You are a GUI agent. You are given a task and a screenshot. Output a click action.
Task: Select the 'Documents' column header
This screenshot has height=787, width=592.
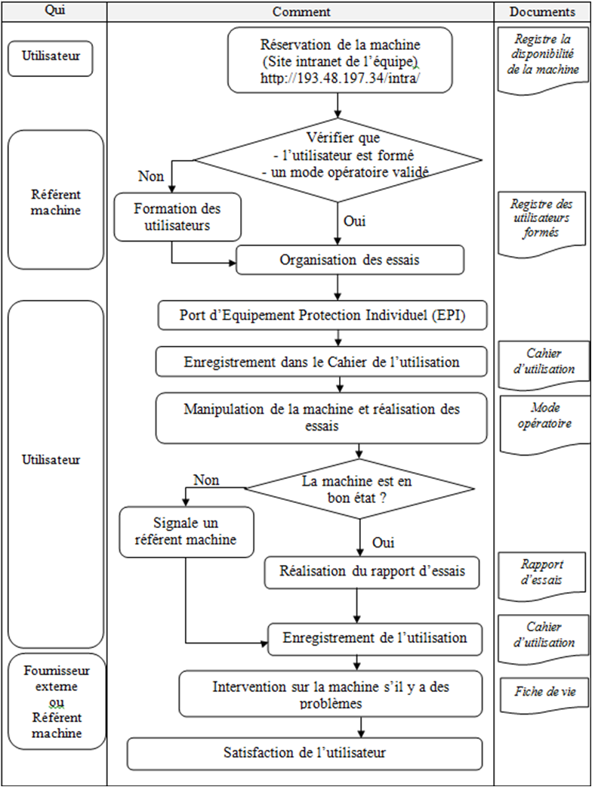click(541, 11)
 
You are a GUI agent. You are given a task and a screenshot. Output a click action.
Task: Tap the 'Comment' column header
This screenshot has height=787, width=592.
click(301, 11)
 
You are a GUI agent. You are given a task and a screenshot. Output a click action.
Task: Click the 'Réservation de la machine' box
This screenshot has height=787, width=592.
click(340, 60)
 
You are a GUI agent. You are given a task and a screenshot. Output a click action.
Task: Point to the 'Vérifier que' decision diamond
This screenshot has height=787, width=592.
click(338, 159)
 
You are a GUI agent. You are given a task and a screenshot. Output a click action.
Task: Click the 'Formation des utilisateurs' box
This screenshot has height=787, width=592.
click(177, 217)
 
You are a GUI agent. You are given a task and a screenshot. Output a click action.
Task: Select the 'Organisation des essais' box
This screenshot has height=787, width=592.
click(350, 260)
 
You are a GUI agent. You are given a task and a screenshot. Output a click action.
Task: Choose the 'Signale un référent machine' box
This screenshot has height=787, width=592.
click(186, 532)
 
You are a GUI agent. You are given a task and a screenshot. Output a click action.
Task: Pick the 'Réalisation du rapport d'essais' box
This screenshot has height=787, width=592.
click(372, 572)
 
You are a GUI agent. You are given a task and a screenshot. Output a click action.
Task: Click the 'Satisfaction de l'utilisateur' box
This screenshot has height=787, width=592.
click(304, 753)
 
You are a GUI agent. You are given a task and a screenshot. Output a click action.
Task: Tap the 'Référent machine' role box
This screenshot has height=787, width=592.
click(55, 200)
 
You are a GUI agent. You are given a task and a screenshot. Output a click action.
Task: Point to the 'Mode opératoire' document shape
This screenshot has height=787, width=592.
click(544, 424)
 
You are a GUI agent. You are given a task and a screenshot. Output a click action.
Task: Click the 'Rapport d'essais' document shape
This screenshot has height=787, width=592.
click(542, 575)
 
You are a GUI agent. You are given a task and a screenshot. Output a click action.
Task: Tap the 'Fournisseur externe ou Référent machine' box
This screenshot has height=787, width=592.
click(57, 702)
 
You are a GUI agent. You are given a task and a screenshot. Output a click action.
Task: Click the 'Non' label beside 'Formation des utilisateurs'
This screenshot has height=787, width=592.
click(151, 176)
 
